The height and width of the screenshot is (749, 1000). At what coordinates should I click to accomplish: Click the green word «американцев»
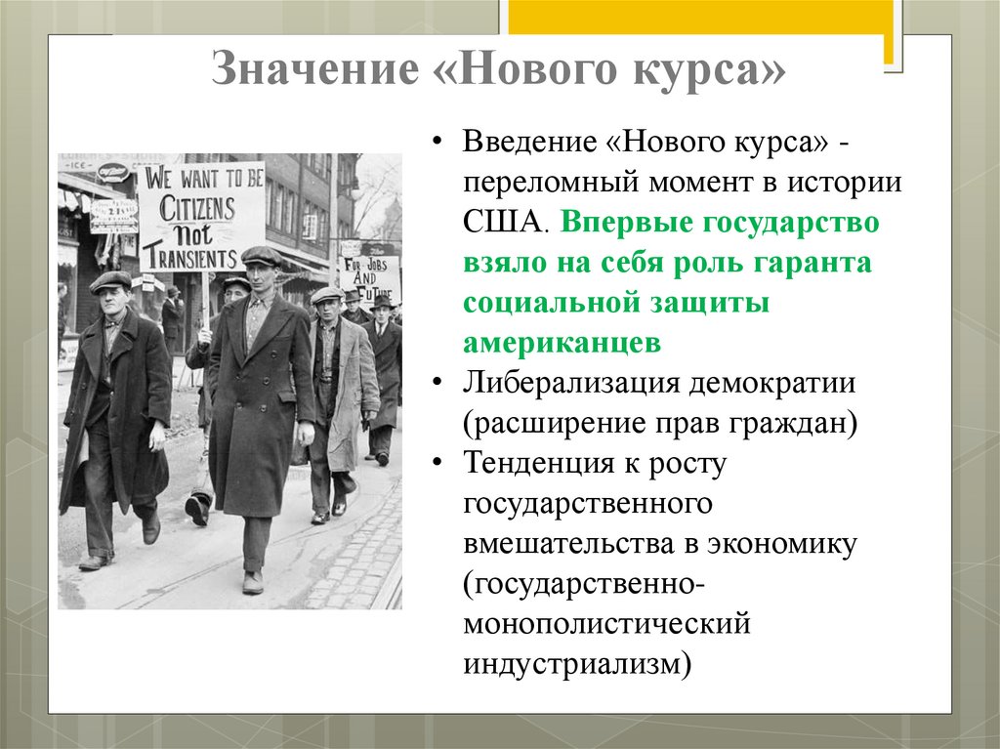562,343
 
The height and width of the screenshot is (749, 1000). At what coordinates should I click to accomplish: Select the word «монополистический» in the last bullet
606,622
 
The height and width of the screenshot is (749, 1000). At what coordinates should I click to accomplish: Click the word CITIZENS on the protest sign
199,208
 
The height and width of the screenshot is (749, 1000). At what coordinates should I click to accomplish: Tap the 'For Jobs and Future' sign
370,278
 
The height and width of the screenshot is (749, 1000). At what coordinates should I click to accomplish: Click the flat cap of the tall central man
261,256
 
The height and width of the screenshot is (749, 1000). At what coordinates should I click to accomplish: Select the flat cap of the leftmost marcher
110,281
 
